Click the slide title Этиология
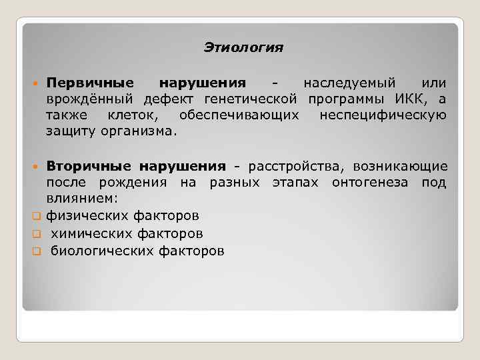pos(243,48)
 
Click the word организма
pos(139,132)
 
